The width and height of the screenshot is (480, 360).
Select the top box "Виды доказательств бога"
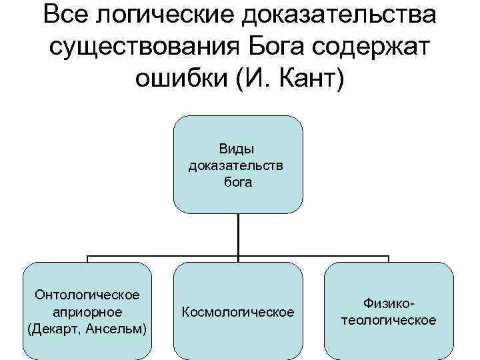click(x=238, y=164)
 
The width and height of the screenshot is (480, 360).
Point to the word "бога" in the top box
click(x=238, y=181)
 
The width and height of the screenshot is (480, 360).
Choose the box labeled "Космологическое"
click(x=238, y=311)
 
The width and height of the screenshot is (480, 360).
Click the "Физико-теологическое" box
click(x=389, y=311)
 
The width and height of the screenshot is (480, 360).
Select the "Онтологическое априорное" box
click(x=87, y=311)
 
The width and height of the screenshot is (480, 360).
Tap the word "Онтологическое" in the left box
click(x=87, y=295)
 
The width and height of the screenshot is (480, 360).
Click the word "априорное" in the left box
click(x=87, y=311)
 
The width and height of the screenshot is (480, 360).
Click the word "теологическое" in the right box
click(x=389, y=320)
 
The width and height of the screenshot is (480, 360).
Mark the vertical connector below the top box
click(x=238, y=235)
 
